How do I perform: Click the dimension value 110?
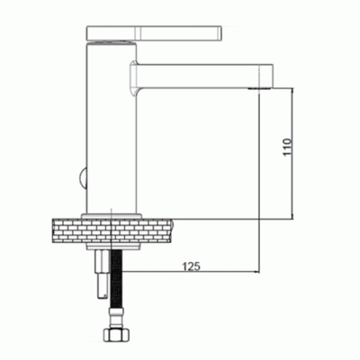tap(287, 147)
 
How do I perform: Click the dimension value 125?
tap(191, 265)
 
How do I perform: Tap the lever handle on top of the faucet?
tap(154, 32)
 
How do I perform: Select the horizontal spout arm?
tap(204, 76)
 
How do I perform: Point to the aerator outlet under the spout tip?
tap(259, 88)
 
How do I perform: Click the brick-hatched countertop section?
tap(112, 230)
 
